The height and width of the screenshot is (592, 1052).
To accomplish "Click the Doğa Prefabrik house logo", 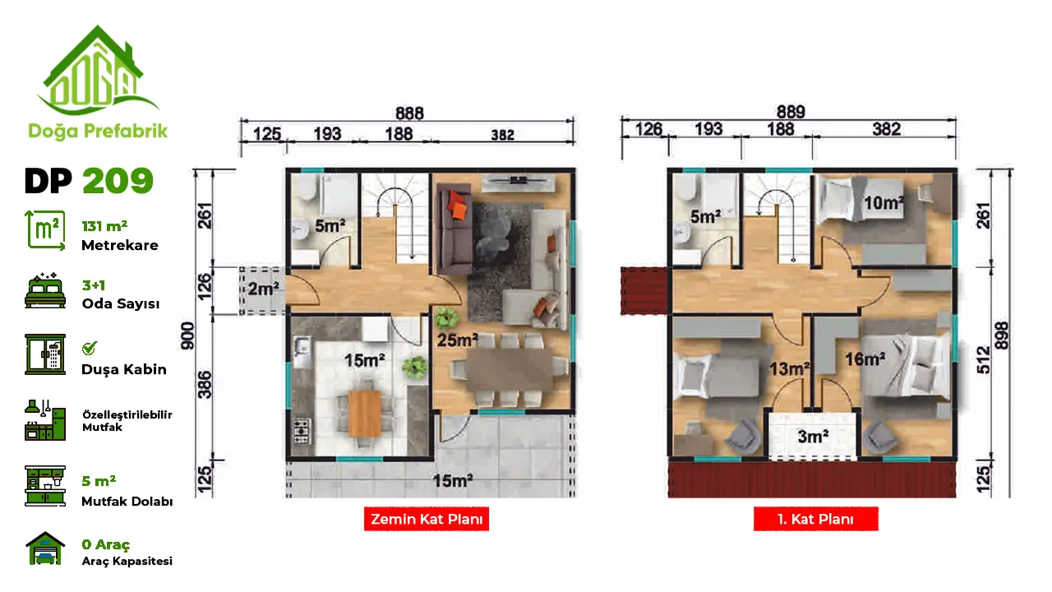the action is (x=97, y=71).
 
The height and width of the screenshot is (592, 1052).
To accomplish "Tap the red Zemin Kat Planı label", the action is (x=427, y=519).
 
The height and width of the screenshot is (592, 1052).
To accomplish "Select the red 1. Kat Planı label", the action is (x=816, y=519).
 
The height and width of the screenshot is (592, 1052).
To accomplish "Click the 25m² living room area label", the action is (x=458, y=340).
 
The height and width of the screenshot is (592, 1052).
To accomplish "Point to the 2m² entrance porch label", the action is (x=264, y=289).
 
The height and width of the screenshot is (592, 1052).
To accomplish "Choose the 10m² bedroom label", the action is (x=884, y=203).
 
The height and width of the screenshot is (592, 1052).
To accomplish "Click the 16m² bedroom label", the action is (x=865, y=359).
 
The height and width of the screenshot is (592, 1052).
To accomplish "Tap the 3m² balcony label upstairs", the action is (x=813, y=437).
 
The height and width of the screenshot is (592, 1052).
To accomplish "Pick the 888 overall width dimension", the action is (x=409, y=113).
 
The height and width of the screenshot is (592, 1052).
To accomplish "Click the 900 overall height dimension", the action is (x=187, y=336).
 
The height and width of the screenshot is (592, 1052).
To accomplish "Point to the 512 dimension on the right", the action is (x=983, y=360).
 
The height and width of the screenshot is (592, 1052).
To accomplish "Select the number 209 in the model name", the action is (x=118, y=180).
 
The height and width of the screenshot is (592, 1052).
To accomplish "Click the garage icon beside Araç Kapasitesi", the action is (x=45, y=548).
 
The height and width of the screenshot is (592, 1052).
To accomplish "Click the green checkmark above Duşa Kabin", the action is (x=90, y=348).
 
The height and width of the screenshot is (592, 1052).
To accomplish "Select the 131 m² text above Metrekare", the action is (x=104, y=226).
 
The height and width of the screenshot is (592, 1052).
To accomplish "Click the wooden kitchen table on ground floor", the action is (x=364, y=414).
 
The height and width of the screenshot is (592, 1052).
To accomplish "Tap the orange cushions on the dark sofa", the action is (x=458, y=206).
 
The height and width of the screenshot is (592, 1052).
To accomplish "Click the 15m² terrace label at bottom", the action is (x=452, y=481).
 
